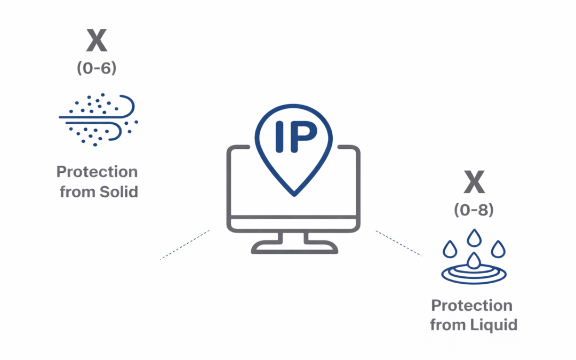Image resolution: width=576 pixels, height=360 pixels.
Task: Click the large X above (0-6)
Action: pos(97,41)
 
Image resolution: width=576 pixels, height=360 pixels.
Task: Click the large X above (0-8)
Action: pos(474,183)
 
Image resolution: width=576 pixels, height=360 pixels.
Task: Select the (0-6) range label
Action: pos(97,69)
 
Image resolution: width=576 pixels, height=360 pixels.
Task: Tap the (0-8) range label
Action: pos(474,210)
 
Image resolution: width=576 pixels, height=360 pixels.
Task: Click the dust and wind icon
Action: pos(98,119)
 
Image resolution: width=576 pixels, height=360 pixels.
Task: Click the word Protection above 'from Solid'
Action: pos(97,172)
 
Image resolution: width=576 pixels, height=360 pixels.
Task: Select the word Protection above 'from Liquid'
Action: pos(472,306)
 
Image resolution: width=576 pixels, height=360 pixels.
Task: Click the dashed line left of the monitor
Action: pos(185,245)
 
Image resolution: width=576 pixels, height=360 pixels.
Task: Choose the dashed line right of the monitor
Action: pos(399,243)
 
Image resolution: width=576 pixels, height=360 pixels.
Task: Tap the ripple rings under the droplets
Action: pos(474,274)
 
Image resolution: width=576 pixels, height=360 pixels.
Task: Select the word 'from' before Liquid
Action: pos(448,324)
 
